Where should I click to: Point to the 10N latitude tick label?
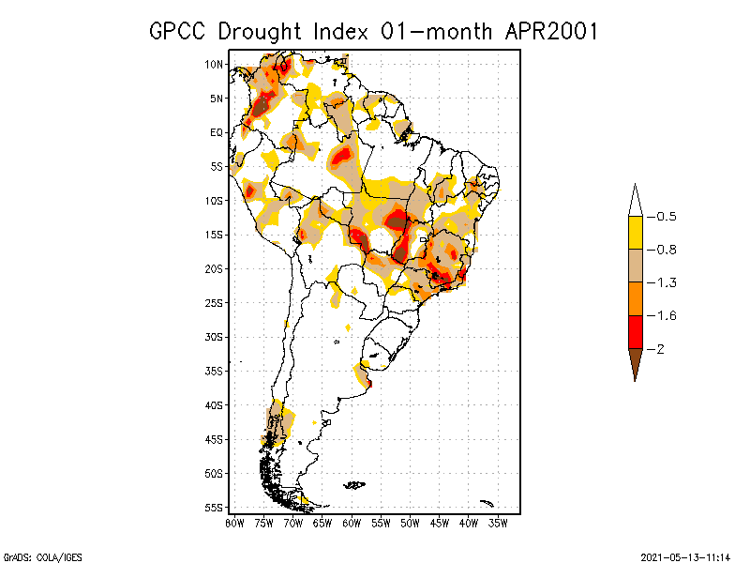(215, 64)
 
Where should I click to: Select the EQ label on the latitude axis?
(217, 132)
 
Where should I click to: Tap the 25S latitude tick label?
(215, 302)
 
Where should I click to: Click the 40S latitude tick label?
(215, 404)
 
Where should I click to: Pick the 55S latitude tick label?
(215, 507)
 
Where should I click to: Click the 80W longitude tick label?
(234, 521)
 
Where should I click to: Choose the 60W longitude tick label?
(352, 521)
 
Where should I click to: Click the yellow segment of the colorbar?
(635, 233)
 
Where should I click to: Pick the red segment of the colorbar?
(635, 331)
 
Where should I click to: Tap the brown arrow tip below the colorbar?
(635, 364)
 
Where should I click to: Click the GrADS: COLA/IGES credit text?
(42, 556)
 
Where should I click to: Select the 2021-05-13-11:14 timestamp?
(685, 556)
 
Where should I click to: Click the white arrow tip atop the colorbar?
(635, 200)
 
